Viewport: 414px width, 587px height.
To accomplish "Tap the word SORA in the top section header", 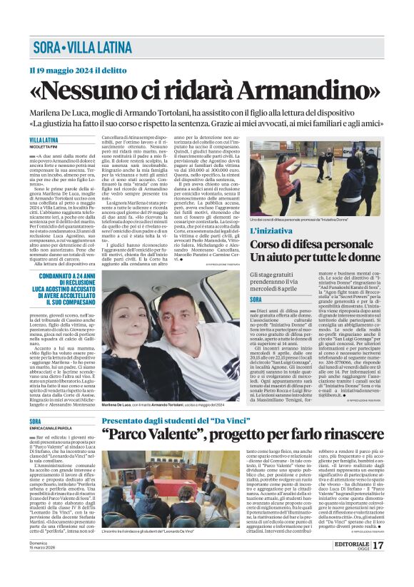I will (45, 49).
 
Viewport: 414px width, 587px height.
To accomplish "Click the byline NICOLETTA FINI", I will (44, 147).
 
